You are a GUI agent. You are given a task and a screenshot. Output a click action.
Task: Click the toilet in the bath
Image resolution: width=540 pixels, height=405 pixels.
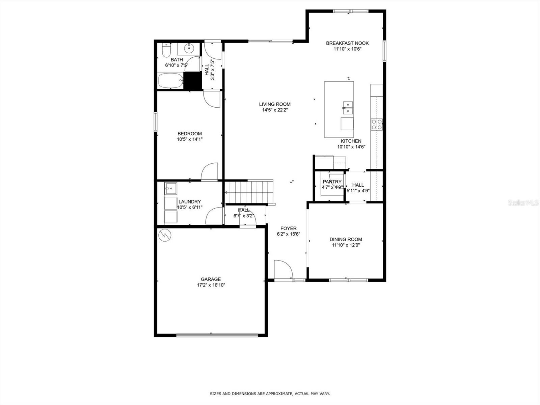[166, 51]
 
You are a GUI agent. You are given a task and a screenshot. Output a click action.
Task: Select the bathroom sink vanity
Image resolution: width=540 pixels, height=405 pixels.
[189, 49]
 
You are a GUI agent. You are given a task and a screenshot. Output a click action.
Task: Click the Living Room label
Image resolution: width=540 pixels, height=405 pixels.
[275, 104]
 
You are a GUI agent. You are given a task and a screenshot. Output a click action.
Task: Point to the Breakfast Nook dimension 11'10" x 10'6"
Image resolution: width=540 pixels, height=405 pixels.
[347, 49]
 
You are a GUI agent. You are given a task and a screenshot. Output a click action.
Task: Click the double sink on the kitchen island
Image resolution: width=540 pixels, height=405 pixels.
[348, 107]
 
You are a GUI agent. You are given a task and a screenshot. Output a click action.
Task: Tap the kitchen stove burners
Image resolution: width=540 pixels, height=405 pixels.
[377, 125]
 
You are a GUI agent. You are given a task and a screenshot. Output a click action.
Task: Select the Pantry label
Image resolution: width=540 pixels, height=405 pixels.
[332, 182]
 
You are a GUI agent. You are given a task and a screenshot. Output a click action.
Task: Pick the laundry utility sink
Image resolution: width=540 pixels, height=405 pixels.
[171, 188]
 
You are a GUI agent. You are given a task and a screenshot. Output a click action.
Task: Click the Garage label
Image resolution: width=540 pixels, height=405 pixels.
[211, 279]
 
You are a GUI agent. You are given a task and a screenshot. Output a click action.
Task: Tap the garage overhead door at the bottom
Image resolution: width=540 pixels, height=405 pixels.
[217, 335]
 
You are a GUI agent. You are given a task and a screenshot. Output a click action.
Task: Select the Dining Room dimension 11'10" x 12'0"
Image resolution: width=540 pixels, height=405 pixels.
[346, 245]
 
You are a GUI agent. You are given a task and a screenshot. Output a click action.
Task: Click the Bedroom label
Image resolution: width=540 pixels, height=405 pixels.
[190, 134]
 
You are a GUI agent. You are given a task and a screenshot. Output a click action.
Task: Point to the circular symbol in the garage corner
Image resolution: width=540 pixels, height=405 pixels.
[165, 235]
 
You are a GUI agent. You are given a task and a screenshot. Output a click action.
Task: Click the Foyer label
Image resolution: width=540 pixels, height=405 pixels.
[288, 228]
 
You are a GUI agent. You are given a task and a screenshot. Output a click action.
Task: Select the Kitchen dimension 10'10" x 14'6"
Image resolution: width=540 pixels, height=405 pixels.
[351, 147]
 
